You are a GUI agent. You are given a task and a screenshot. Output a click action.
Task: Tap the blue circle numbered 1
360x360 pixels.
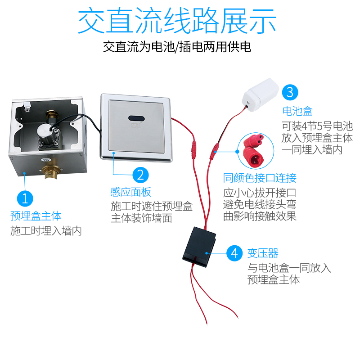click(25, 198)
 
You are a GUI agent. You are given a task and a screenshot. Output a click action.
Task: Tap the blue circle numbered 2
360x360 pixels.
click(140, 175)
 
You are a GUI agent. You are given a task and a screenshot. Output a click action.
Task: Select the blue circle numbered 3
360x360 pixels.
click(290, 93)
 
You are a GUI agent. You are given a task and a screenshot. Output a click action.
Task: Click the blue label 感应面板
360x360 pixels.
click(131, 192)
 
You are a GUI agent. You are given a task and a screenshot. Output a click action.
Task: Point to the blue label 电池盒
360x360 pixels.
click(297, 111)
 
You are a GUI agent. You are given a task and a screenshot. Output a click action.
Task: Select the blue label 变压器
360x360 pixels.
click(263, 253)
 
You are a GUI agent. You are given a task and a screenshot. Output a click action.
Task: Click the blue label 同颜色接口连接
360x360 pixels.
click(260, 178)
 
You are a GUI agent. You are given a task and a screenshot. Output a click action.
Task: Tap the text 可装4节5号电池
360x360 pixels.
click(317, 126)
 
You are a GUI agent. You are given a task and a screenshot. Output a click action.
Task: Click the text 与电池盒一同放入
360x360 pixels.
click(289, 268)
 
